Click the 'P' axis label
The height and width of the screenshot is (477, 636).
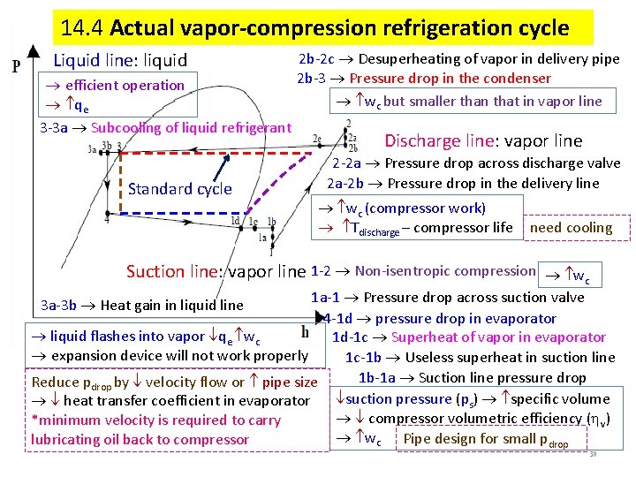[17, 65]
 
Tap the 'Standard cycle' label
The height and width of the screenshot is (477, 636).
[179, 188]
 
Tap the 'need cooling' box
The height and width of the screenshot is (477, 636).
[571, 228]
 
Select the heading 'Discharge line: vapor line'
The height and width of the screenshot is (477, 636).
[483, 140]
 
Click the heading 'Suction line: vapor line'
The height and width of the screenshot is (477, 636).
[216, 271]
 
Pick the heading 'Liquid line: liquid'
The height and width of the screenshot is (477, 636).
[121, 61]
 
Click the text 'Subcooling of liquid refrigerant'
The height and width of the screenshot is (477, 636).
[191, 127]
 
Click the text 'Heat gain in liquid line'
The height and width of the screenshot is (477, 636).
[171, 306]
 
